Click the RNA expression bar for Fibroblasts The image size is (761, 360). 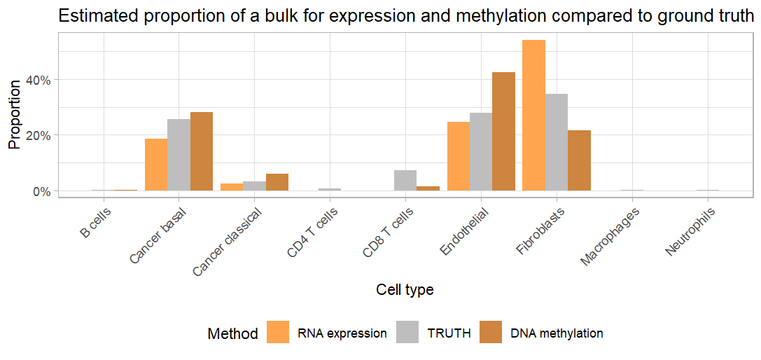pos(533,116)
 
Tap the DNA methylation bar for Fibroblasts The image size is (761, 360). pos(579,160)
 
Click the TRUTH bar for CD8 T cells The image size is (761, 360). pos(405,181)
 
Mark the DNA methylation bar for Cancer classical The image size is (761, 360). pos(277,182)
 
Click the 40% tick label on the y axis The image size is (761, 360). pos(39,80)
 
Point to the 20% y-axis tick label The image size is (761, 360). pos(39,135)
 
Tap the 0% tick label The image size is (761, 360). pos(42,191)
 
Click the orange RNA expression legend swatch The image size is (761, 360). pos(278,333)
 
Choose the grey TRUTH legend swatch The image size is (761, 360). pos(407,333)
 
